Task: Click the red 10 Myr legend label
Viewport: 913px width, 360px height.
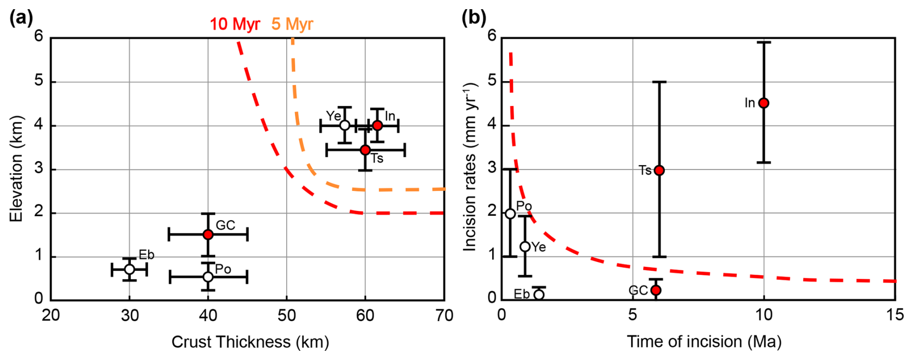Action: [x=235, y=24]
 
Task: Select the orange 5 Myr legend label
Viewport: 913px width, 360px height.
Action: [x=292, y=24]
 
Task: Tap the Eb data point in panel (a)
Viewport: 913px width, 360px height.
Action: [x=129, y=269]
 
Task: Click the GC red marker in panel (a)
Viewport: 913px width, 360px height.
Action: [x=208, y=235]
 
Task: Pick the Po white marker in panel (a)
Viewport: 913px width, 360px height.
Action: [x=208, y=277]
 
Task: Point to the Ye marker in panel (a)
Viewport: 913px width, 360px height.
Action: [x=345, y=125]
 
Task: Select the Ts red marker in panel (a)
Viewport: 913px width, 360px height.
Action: [x=365, y=150]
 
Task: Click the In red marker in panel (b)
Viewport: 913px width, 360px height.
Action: [x=763, y=103]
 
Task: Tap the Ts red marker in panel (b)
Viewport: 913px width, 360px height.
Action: [x=659, y=170]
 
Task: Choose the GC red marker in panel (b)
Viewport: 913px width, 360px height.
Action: [x=656, y=290]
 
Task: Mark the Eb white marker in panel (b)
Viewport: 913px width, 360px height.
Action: [x=539, y=294]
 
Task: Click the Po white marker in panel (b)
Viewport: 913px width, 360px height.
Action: [x=510, y=213]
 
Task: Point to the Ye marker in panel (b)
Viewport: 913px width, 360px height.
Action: [x=525, y=247]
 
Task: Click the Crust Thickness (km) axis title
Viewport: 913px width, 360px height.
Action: [x=250, y=342]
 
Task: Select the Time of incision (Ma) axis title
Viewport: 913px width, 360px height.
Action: [x=704, y=342]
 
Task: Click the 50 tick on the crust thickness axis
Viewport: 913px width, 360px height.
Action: [x=287, y=316]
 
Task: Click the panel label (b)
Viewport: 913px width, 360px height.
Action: [x=473, y=18]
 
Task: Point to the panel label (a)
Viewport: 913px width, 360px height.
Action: [x=21, y=18]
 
